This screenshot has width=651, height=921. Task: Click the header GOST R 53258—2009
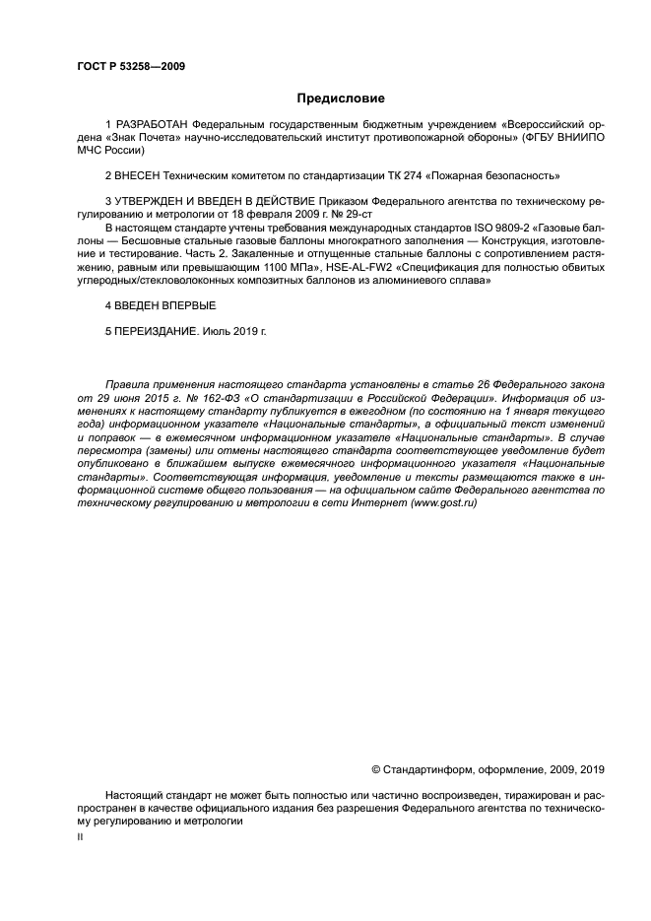131,67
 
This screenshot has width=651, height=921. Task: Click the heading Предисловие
341,99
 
